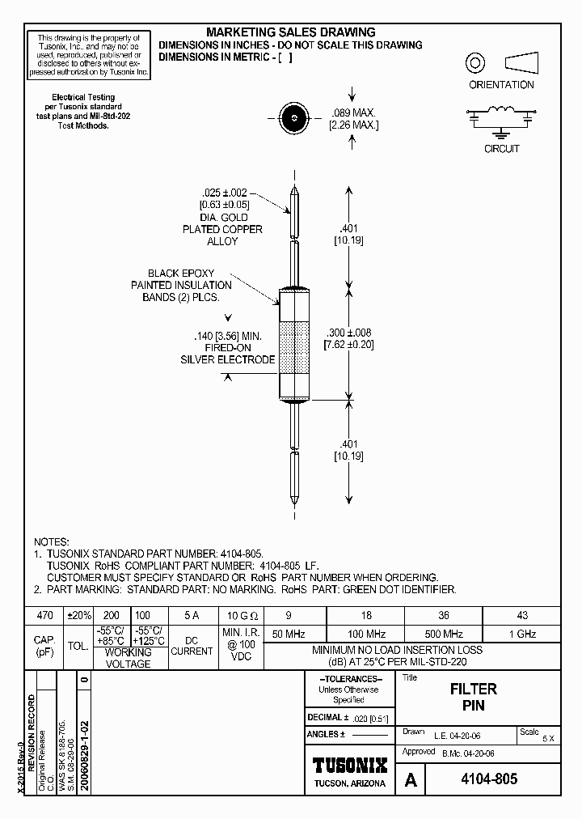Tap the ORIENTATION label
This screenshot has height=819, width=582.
pyautogui.click(x=501, y=84)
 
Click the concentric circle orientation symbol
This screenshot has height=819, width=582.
pyautogui.click(x=475, y=62)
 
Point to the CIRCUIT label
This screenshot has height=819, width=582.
pyautogui.click(x=501, y=149)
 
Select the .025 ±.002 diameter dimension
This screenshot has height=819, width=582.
pyautogui.click(x=226, y=193)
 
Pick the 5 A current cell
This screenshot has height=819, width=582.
pyautogui.click(x=192, y=615)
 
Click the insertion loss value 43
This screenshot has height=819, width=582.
pyautogui.click(x=522, y=615)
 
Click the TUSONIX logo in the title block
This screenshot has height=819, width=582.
pyautogui.click(x=350, y=766)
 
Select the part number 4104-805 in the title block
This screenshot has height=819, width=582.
pyautogui.click(x=483, y=780)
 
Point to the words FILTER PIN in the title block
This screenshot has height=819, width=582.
pyautogui.click(x=473, y=697)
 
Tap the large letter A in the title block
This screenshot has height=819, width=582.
pyautogui.click(x=411, y=780)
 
